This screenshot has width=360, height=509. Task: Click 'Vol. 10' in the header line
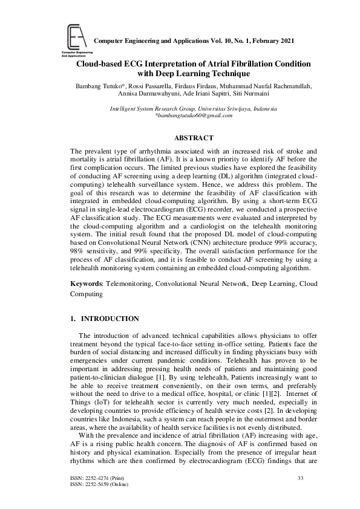224,41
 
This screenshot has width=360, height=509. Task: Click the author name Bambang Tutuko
97,86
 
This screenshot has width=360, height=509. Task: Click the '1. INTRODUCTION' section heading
105,319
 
